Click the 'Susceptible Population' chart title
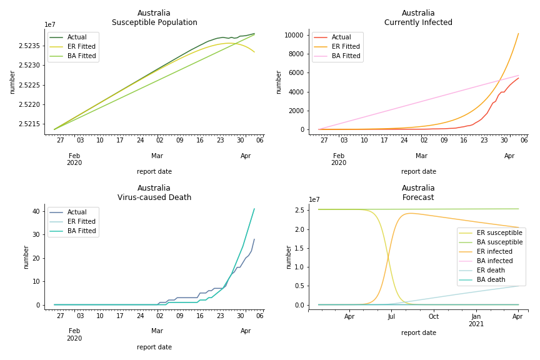(154, 23)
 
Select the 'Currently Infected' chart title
(418, 23)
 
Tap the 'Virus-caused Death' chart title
(154, 197)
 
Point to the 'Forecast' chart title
(418, 197)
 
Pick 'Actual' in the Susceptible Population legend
(78, 37)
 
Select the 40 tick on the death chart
(36, 211)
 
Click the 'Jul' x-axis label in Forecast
(391, 316)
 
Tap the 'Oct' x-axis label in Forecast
(433, 316)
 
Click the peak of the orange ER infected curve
(410, 213)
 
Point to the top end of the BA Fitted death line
(254, 209)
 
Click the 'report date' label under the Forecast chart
(418, 333)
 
